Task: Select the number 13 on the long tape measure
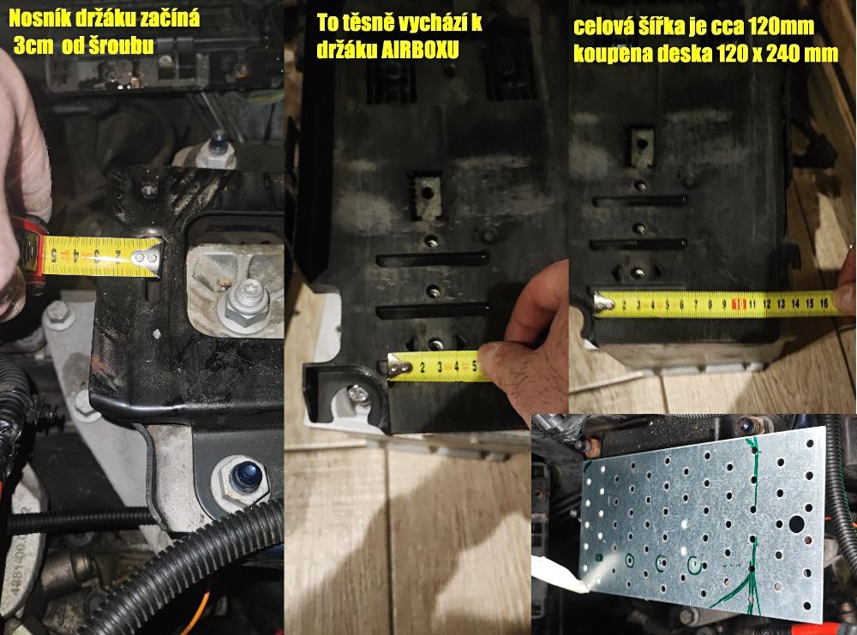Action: (781, 303)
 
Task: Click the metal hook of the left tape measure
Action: (147, 255)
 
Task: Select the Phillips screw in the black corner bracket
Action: (358, 392)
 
